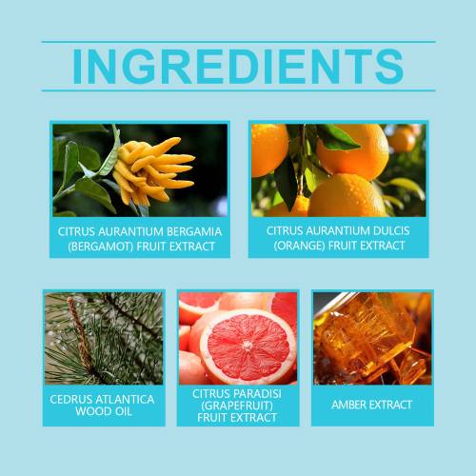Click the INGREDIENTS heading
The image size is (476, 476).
(238, 66)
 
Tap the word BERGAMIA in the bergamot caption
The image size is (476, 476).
(194, 231)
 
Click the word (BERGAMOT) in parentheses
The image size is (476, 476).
(100, 247)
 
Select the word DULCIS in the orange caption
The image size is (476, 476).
(391, 230)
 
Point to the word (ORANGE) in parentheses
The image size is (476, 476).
(299, 246)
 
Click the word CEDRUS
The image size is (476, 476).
(70, 399)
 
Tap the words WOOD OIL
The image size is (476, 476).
(104, 411)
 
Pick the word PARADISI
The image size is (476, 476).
(258, 394)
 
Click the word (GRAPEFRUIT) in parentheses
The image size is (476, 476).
(237, 406)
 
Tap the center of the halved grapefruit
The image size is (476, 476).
(248, 346)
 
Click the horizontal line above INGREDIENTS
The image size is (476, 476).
(239, 42)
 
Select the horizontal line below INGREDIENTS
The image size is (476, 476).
(239, 90)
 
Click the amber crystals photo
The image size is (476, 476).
(372, 338)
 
